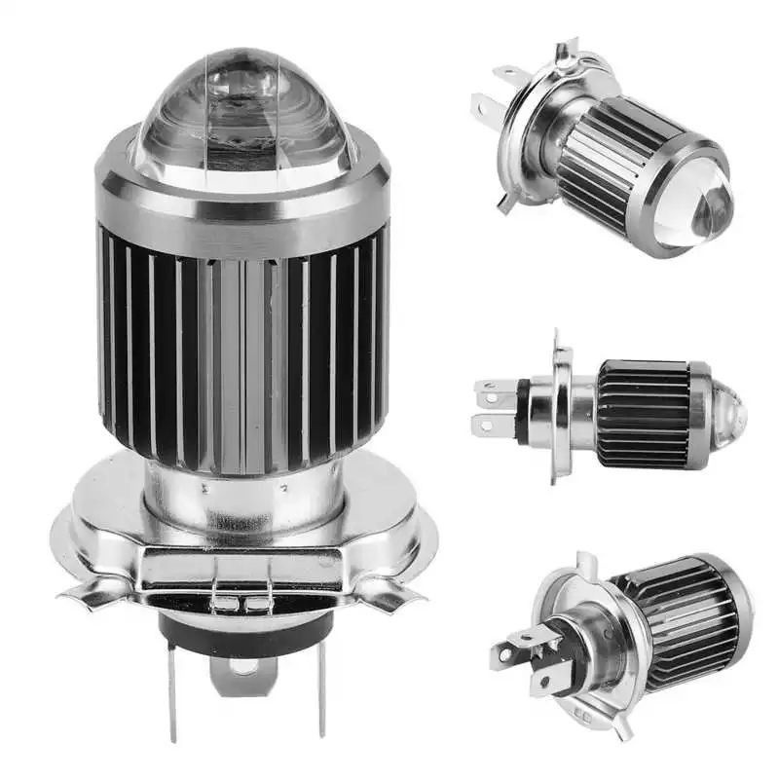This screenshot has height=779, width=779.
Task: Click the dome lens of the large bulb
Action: tap(243, 112)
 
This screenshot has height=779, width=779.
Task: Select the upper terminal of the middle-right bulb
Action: tap(492, 390)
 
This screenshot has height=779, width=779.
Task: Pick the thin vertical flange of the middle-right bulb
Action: tap(559, 409)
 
